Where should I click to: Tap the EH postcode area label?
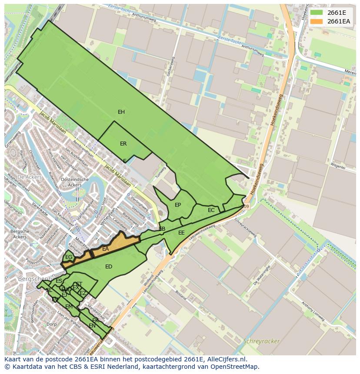click(121, 112)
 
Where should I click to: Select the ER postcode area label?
click(123, 144)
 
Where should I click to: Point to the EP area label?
click(178, 205)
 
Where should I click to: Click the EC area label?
click(211, 210)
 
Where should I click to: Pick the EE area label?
click(181, 233)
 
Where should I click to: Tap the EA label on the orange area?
click(106, 249)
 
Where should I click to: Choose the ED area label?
click(109, 267)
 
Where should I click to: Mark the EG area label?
click(69, 257)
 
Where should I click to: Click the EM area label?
click(69, 307)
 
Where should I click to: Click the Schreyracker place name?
click(262, 341)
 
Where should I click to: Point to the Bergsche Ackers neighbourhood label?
click(19, 234)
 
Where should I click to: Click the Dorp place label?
click(52, 324)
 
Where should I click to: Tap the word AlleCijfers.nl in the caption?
click(226, 359)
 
